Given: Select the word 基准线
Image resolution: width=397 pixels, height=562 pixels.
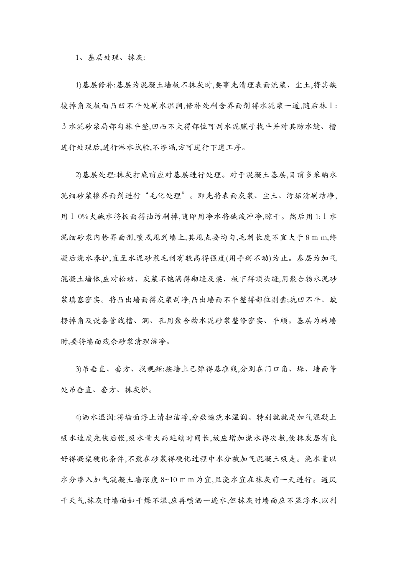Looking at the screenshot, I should tap(223, 370).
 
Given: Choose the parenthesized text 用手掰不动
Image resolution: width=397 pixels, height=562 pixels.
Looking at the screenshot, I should tap(246, 258).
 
